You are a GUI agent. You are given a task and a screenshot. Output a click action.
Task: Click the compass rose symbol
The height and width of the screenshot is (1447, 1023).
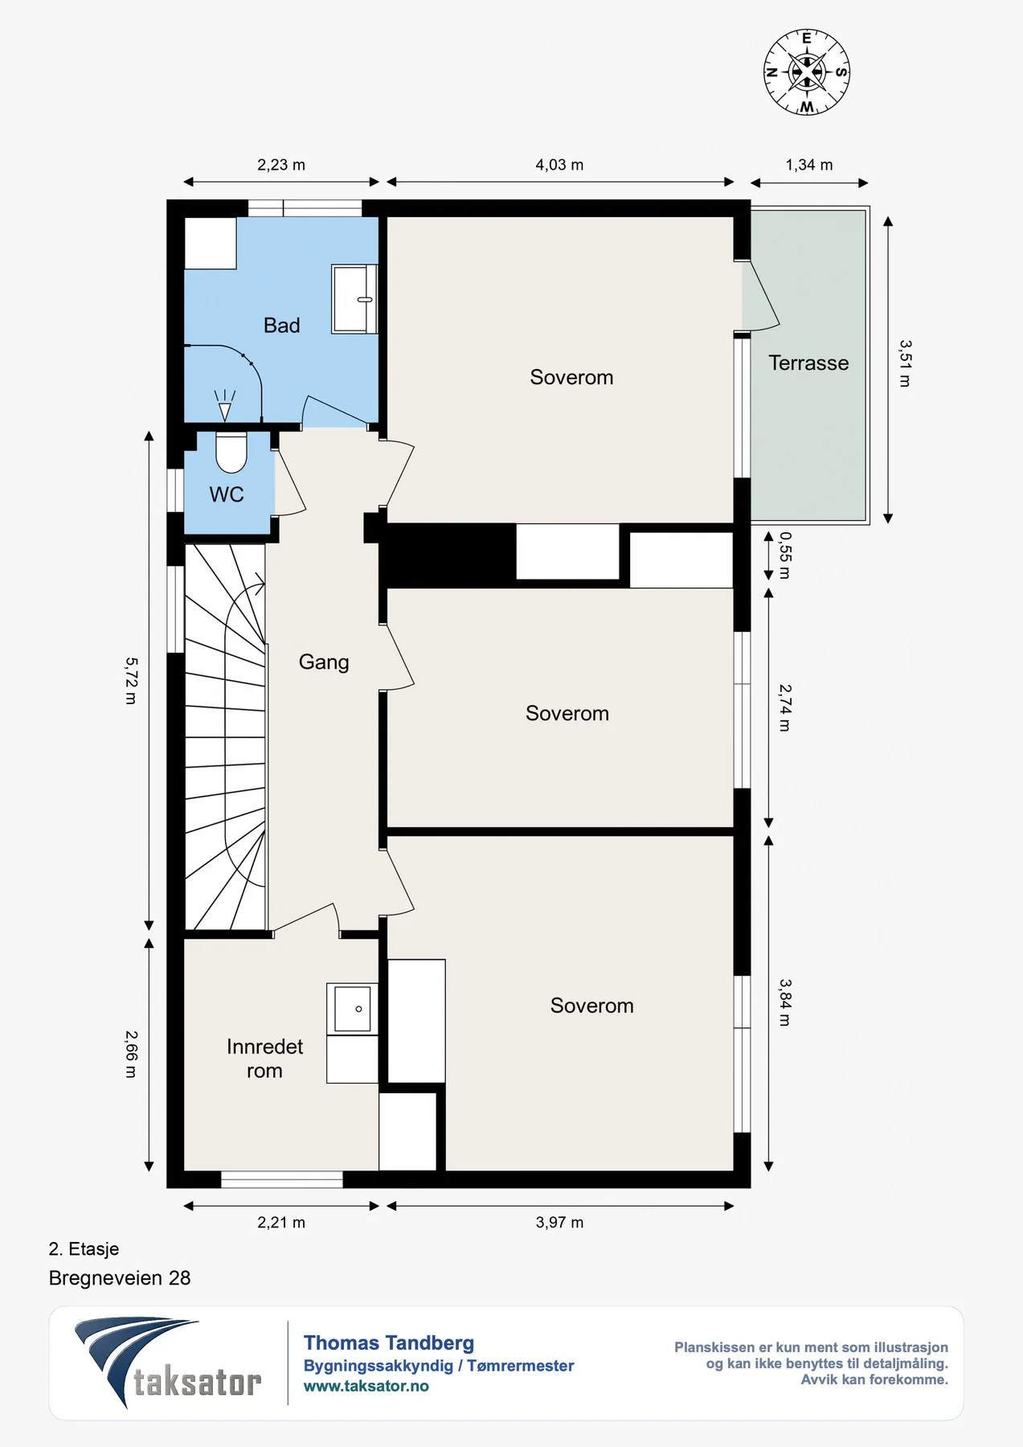[806, 72]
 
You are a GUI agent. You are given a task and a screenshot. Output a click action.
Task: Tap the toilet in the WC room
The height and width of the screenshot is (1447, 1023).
[231, 453]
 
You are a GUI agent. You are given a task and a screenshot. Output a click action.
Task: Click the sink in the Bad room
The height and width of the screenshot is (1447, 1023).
[355, 299]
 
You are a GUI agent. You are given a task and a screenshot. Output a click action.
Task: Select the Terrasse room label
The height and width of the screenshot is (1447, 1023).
[808, 363]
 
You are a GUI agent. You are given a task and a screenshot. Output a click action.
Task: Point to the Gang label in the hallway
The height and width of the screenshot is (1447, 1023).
[324, 662]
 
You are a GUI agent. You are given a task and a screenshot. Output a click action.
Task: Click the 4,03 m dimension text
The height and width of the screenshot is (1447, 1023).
[559, 165]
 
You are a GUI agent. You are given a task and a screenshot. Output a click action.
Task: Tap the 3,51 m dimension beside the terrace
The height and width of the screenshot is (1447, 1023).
[906, 363]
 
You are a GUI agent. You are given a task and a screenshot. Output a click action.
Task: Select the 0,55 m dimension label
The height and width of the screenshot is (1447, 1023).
[785, 555]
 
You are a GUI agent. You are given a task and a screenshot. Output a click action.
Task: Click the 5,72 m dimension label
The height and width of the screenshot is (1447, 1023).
[131, 681]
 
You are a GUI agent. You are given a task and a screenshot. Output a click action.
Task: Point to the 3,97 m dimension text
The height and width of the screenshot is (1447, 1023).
[559, 1223]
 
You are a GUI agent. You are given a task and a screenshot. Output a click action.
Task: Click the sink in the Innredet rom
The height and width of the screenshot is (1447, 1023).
[353, 1009]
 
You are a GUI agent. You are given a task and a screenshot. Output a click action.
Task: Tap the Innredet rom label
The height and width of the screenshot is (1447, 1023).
[264, 1059]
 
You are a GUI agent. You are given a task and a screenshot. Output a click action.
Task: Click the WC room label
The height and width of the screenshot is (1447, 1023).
[227, 494]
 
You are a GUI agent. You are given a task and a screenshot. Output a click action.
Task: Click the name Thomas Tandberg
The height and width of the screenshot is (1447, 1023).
[389, 1342]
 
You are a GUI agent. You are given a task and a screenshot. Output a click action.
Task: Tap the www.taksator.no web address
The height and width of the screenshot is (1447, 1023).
[366, 1386]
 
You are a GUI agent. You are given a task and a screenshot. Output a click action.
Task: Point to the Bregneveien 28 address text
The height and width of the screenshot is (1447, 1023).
[120, 1278]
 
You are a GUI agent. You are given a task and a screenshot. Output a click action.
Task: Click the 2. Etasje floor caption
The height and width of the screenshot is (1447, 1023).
[84, 1248]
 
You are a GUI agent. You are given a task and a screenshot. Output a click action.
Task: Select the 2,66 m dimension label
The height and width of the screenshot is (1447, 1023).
[131, 1054]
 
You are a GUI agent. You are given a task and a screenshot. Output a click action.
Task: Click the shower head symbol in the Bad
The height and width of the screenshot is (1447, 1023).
[225, 405]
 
